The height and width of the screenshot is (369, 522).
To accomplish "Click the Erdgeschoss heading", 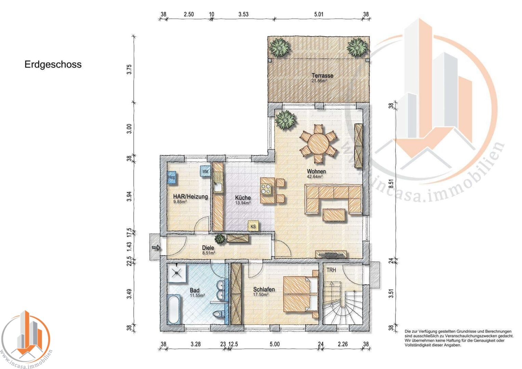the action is click(x=53, y=65).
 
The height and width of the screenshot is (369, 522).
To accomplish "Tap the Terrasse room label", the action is click(x=322, y=76).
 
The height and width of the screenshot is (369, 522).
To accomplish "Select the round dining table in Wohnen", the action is click(x=318, y=143).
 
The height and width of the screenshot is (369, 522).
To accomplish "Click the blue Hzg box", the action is click(x=171, y=178).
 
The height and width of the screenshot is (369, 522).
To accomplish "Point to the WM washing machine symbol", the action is click(x=205, y=172).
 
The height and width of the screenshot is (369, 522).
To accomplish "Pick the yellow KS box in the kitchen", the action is click(x=253, y=226).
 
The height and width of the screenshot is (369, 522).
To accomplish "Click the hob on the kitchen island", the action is click(x=266, y=189).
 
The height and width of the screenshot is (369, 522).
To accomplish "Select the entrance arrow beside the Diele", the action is click(x=156, y=248).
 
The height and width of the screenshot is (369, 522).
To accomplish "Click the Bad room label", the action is click(x=195, y=290).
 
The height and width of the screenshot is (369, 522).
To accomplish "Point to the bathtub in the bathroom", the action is click(x=173, y=309).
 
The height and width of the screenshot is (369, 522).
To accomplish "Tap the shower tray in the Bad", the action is click(x=177, y=273).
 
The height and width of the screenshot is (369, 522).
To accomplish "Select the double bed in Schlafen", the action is click(x=300, y=294).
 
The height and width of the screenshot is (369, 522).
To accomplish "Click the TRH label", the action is click(x=331, y=270).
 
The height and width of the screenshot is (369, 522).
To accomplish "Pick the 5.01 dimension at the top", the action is click(x=319, y=14).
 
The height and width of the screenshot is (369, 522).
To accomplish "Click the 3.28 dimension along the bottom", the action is click(x=196, y=344).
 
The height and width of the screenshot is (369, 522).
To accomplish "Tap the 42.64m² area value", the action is click(x=314, y=176).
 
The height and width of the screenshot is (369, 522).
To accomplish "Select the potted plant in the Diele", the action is click(x=220, y=238).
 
